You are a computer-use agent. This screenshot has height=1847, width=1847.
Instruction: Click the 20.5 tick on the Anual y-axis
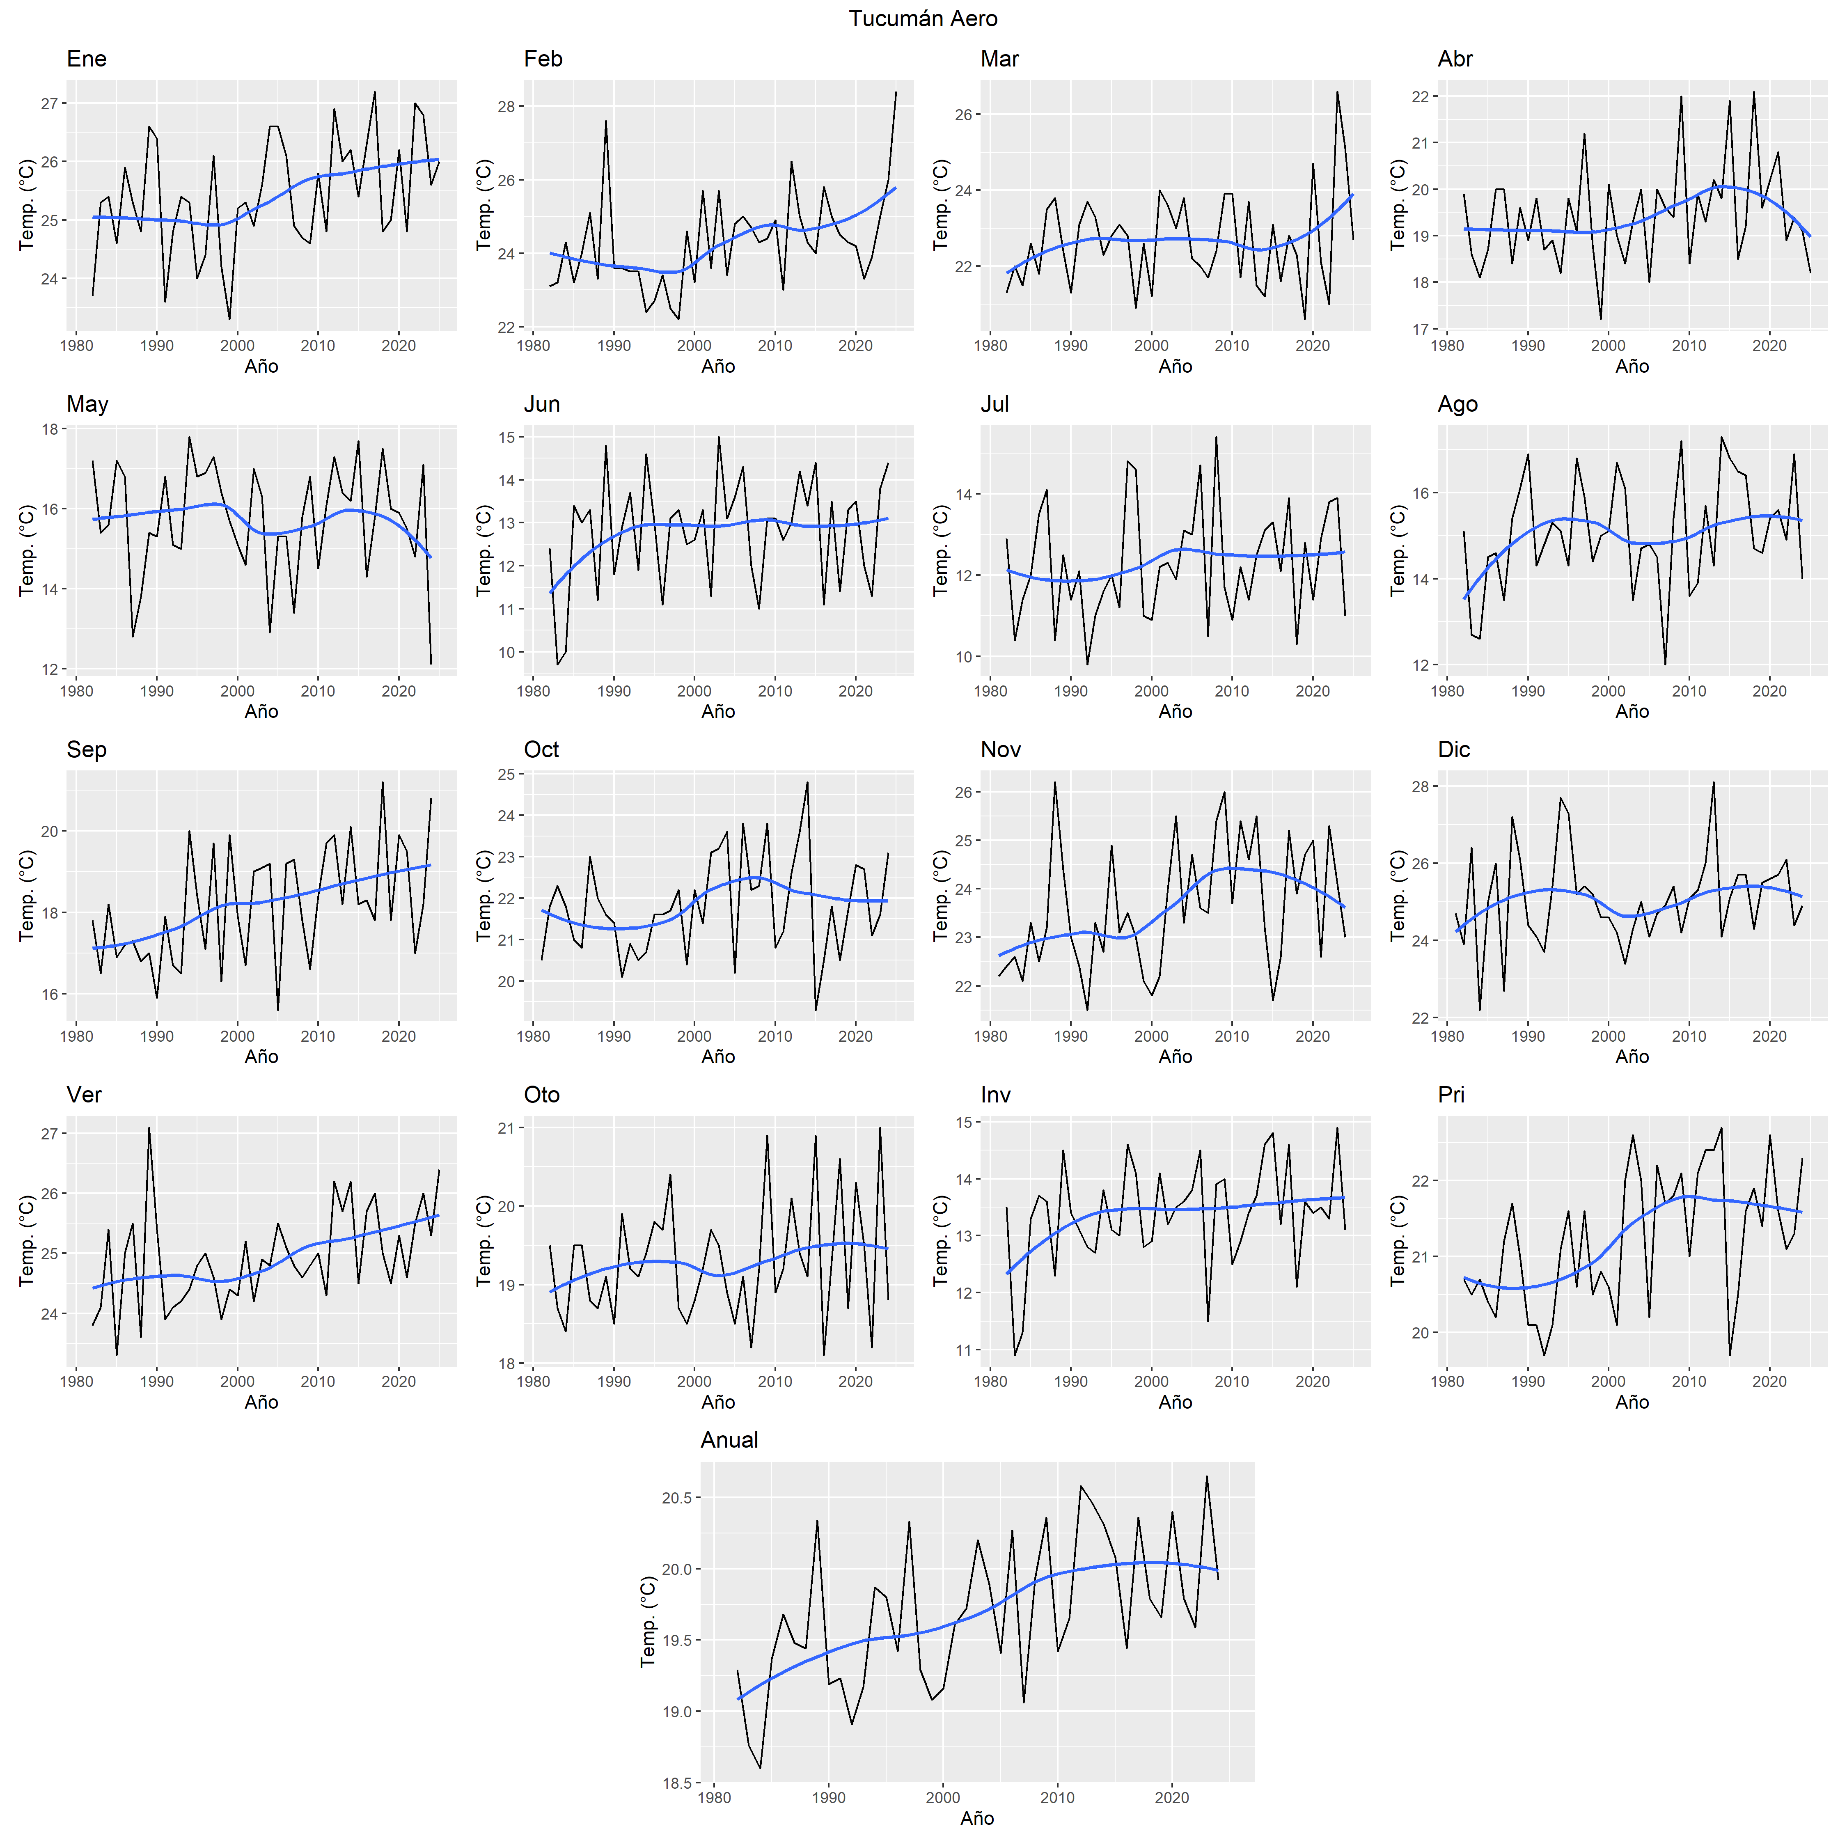click(677, 1497)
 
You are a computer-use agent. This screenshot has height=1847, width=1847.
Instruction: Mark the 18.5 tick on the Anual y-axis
click(677, 1782)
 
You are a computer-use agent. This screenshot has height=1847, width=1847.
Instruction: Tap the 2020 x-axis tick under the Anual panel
click(1172, 1797)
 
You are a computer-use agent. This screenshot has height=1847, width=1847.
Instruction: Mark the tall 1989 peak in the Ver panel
click(149, 1128)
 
